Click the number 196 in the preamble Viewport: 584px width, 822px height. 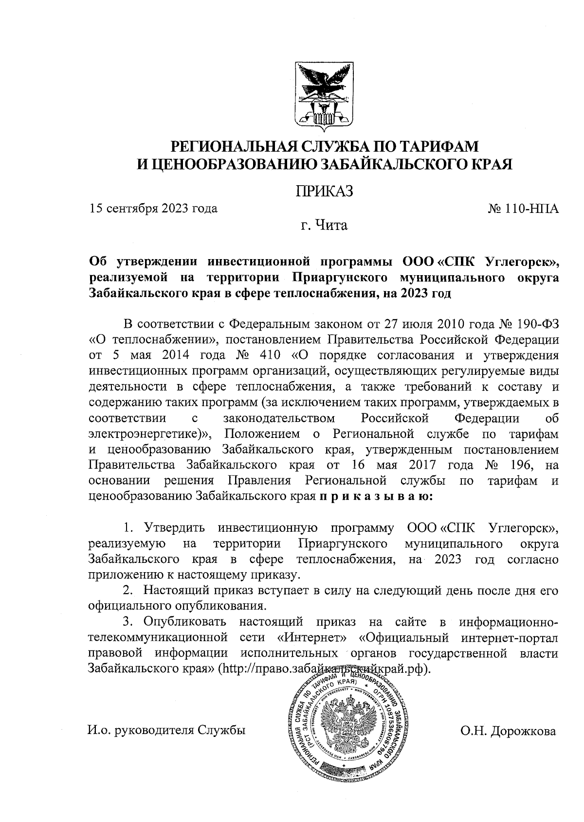[520, 465]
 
